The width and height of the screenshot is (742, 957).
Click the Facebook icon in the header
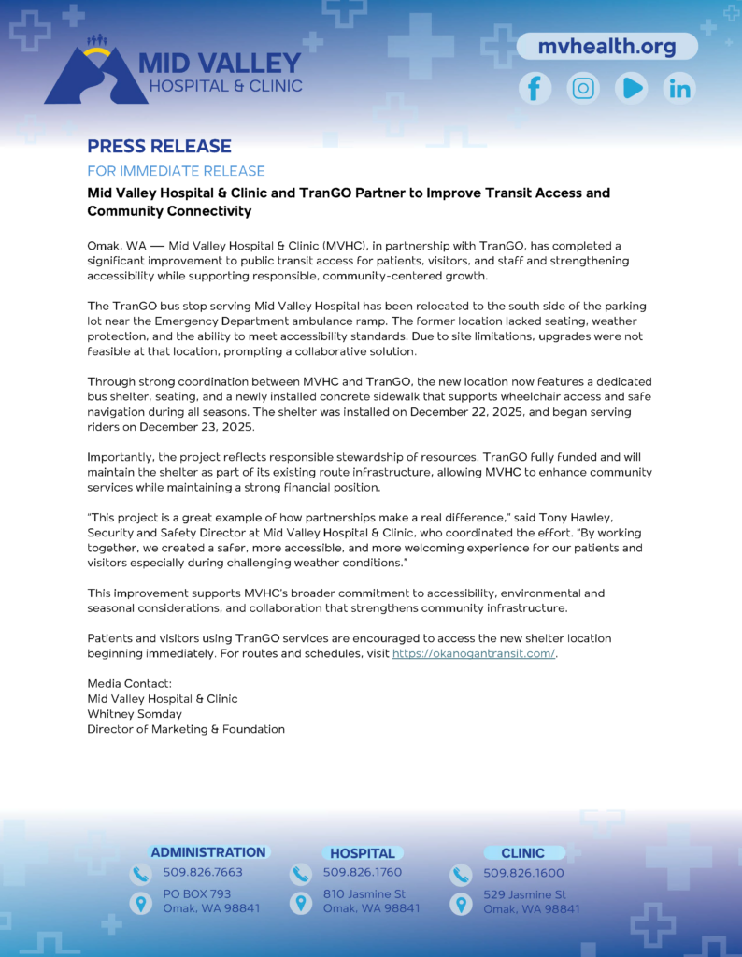click(535, 89)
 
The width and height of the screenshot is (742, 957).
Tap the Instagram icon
click(584, 89)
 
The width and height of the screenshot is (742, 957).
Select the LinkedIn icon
click(679, 89)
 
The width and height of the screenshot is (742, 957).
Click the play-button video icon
click(632, 89)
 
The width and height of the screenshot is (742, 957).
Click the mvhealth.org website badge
click(606, 46)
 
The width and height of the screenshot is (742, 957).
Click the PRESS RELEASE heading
click(159, 146)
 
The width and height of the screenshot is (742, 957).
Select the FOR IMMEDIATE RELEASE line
click(176, 171)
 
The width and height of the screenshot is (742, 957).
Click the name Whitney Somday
click(135, 714)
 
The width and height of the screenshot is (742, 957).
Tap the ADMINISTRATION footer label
click(208, 852)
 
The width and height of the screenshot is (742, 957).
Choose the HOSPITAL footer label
click(363, 853)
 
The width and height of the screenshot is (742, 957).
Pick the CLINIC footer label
click(522, 853)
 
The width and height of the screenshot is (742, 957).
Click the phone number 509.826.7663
click(203, 873)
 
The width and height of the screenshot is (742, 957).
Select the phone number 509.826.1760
click(363, 873)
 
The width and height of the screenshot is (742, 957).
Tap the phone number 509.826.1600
click(523, 873)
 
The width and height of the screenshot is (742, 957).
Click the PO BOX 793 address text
click(197, 894)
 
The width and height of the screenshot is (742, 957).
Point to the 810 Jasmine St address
click(364, 894)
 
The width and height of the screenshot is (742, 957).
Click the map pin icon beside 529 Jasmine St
click(461, 904)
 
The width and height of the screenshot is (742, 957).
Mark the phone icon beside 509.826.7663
click(140, 875)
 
